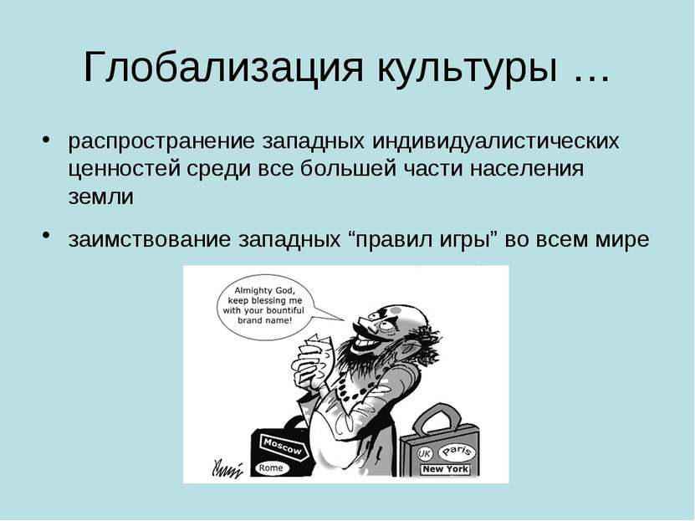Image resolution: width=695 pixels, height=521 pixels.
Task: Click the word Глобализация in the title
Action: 223,68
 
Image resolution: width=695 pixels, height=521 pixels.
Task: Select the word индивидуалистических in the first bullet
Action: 496,141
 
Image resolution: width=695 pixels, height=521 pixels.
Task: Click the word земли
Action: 101,197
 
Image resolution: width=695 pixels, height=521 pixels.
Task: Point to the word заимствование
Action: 150,239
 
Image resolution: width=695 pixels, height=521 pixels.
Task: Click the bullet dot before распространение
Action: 45,139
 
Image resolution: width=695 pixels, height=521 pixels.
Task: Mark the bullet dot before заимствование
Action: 45,235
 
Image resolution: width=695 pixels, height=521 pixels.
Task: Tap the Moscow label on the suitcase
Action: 283,446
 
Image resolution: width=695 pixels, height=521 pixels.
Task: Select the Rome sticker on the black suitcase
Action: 271,467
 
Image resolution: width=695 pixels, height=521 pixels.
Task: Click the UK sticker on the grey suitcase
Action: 425,453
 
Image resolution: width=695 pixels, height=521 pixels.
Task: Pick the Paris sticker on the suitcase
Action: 457,452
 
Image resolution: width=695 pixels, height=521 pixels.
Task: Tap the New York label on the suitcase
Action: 445,469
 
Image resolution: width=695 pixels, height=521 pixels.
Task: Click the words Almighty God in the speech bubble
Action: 264,291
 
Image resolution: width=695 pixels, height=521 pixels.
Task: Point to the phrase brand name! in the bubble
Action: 264,319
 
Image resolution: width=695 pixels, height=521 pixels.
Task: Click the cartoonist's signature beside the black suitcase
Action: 227,468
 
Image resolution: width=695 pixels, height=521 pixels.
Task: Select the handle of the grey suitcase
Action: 437,418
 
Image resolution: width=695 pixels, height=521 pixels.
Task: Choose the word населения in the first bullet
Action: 527,169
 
